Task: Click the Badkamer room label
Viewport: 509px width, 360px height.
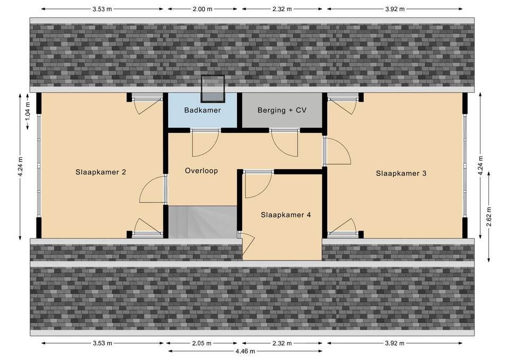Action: (x=202, y=110)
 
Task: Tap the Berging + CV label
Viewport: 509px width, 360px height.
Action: (x=282, y=110)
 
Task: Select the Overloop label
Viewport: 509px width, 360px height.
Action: (x=201, y=171)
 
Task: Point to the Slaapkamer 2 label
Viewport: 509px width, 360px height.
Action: (x=101, y=172)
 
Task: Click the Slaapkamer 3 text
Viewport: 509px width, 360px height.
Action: (x=401, y=173)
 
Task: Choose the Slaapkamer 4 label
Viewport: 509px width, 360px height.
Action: (x=286, y=215)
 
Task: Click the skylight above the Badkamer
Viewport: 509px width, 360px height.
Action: (x=213, y=89)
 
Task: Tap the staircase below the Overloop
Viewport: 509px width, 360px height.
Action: (x=203, y=222)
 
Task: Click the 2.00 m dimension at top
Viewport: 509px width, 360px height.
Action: (x=202, y=9)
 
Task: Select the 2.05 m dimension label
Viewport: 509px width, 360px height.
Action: (x=201, y=343)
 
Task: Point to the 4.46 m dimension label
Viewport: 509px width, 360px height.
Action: (x=245, y=351)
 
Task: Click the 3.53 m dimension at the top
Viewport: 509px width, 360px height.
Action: (x=102, y=9)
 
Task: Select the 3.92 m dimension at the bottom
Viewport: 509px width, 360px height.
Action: (x=394, y=343)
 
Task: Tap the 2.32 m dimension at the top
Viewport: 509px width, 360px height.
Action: (x=282, y=9)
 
